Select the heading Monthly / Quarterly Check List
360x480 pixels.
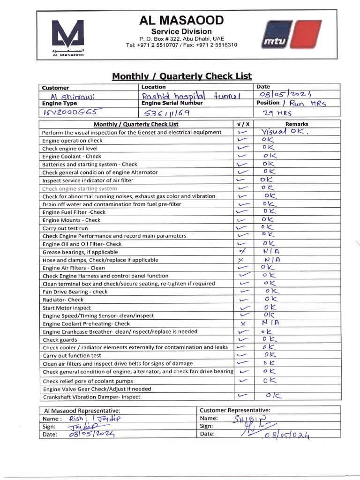pyautogui.click(x=181, y=76)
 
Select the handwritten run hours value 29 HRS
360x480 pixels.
pyautogui.click(x=278, y=112)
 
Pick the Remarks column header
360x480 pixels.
pyautogui.click(x=297, y=124)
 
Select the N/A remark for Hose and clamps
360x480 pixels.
pyautogui.click(x=273, y=259)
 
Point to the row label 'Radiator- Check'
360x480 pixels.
pyautogui.click(x=63, y=300)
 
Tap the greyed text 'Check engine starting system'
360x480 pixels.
pyautogui.click(x=79, y=188)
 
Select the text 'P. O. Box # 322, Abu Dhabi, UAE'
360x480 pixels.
pyautogui.click(x=181, y=38)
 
